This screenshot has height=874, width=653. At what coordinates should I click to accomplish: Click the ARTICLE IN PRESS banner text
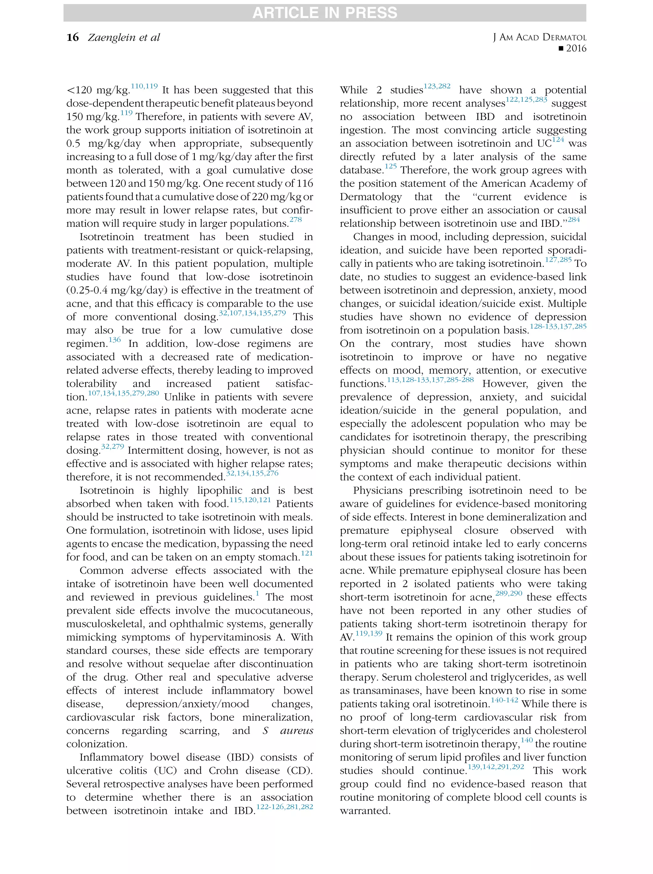point(324,13)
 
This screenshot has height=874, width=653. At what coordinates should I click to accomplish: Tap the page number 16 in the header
point(73,38)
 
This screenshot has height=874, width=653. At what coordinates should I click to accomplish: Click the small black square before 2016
point(560,48)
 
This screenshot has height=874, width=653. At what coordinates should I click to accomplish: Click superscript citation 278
point(296,220)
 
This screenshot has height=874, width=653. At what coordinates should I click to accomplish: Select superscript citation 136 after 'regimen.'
point(114,340)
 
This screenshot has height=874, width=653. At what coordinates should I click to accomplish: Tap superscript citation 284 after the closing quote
point(574,220)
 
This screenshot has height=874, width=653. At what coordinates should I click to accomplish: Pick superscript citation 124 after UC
point(558,139)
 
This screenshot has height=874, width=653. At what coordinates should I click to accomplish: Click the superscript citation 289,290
point(509,593)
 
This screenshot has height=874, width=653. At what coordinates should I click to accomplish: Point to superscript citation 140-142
point(504,700)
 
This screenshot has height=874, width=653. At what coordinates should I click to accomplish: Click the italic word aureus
point(296,731)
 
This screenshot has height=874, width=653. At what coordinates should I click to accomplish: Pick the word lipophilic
point(220,491)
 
